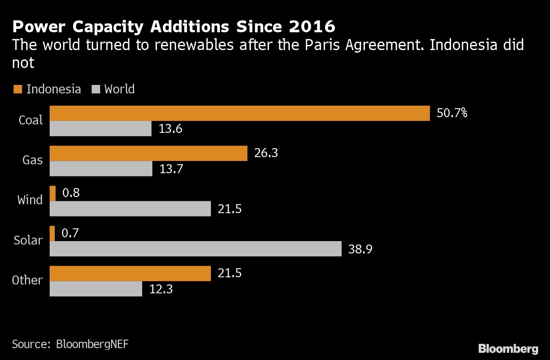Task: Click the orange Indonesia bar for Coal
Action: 240,113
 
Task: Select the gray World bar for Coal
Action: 101,129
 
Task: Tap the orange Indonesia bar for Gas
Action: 149,153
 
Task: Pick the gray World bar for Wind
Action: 130,209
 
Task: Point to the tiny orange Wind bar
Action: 53,194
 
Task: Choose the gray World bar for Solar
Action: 196,249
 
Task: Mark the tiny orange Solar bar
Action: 52,233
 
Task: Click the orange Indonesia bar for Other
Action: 130,273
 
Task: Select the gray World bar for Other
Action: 96,289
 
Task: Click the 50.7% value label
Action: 452,113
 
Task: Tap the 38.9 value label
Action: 360,249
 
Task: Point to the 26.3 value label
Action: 266,153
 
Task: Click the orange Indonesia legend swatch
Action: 17,89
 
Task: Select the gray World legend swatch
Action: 95,89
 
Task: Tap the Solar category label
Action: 28,241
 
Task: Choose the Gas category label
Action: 33,160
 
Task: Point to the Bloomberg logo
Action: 508,349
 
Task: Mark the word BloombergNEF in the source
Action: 92,344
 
